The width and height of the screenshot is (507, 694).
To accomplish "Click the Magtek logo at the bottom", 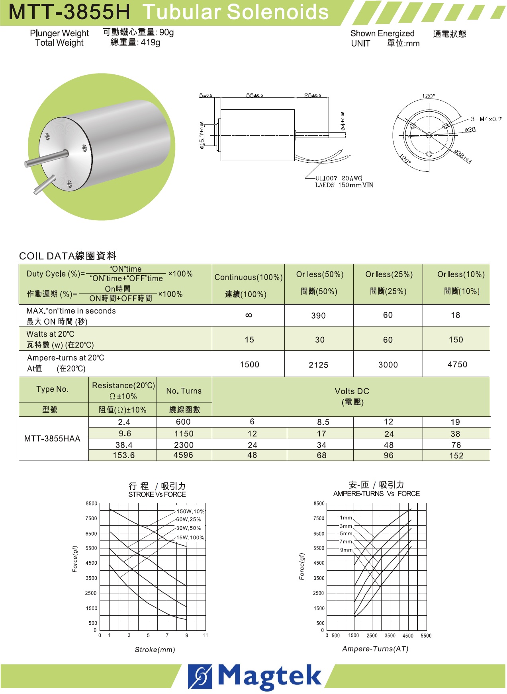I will pyautogui.click(x=255, y=676).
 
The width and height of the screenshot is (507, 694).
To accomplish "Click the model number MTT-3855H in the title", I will pyautogui.click(x=69, y=12).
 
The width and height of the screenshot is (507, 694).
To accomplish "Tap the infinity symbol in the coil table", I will pyautogui.click(x=249, y=315).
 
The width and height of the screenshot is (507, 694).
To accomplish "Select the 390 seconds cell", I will pyautogui.click(x=318, y=316).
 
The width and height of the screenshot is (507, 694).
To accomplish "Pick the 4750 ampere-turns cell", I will pyautogui.click(x=457, y=364).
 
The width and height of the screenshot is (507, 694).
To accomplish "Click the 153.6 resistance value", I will pyautogui.click(x=123, y=455).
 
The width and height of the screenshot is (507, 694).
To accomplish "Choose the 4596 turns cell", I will pyautogui.click(x=183, y=455).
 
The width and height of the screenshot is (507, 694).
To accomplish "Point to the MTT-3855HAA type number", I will pyautogui.click(x=52, y=439).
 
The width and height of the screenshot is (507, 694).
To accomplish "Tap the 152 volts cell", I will pyautogui.click(x=456, y=456).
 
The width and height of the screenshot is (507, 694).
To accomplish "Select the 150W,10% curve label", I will pyautogui.click(x=190, y=511).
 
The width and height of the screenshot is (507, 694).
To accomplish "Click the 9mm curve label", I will pyautogui.click(x=346, y=550).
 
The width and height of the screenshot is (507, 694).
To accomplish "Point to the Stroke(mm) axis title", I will pyautogui.click(x=155, y=649).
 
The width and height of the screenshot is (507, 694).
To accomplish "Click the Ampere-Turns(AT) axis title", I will pyautogui.click(x=375, y=649).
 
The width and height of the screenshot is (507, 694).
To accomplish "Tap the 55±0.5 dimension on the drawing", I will pyautogui.click(x=254, y=95).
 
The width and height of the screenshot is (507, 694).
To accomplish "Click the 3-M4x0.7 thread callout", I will pyautogui.click(x=486, y=119).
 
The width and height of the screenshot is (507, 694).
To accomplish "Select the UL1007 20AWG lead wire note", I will pyautogui.click(x=339, y=178).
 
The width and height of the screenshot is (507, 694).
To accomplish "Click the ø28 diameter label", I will pyautogui.click(x=470, y=130).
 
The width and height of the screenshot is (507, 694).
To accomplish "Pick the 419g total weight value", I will pyautogui.click(x=150, y=43).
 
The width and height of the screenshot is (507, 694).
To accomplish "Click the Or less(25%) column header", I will pyautogui.click(x=389, y=274).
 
